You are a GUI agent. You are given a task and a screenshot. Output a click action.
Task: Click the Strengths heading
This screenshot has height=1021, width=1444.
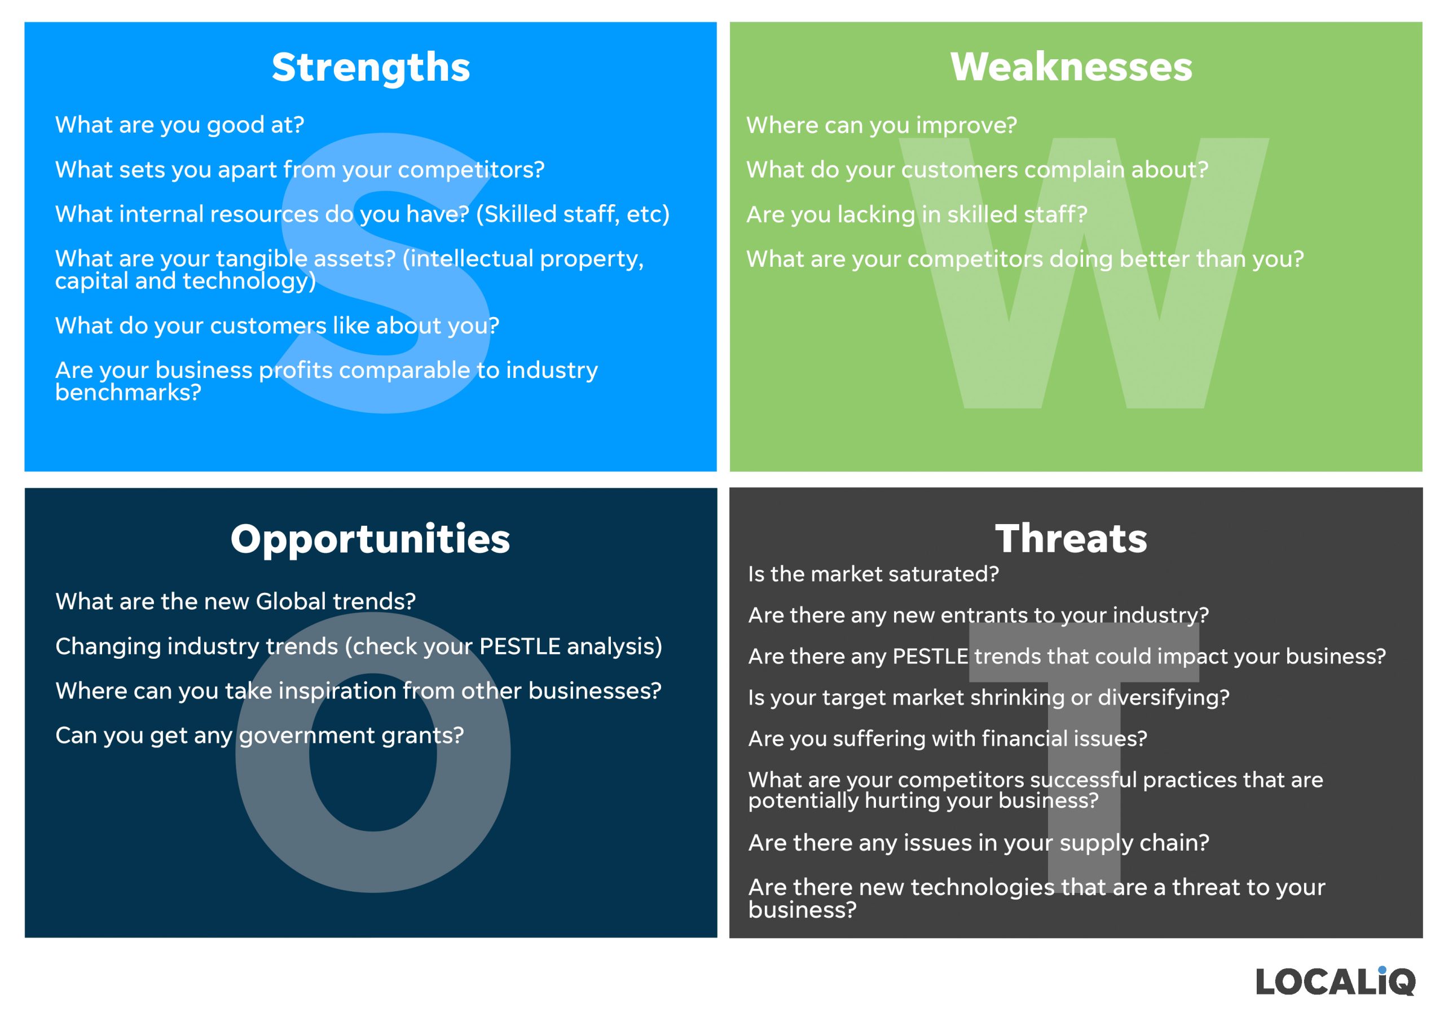tap(371, 67)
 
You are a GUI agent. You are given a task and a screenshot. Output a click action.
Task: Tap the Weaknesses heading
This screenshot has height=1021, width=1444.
tap(1071, 67)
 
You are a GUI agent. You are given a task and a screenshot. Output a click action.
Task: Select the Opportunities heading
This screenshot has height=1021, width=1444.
tap(371, 539)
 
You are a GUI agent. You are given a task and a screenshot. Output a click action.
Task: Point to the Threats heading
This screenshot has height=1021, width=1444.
tap(1071, 539)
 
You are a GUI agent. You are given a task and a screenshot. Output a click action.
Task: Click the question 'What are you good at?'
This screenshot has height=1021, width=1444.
tap(180, 125)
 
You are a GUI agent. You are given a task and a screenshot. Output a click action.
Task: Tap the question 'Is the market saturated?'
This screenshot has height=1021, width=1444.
tap(874, 574)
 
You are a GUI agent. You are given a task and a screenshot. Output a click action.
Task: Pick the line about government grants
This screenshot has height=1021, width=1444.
tap(259, 736)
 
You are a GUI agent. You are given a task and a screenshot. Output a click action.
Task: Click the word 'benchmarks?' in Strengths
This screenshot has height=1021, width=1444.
tap(128, 392)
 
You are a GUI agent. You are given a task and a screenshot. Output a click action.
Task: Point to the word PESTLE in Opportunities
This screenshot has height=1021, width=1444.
tap(520, 646)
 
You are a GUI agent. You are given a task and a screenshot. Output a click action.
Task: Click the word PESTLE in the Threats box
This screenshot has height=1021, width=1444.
tap(930, 656)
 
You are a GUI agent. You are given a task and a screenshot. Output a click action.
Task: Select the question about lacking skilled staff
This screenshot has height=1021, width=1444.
tap(917, 214)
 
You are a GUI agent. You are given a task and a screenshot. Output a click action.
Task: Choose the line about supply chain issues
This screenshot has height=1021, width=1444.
tap(979, 843)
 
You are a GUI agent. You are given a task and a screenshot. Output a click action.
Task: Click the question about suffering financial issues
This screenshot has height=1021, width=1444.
tap(948, 738)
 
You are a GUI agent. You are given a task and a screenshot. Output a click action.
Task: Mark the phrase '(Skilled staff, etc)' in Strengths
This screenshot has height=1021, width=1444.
tap(573, 214)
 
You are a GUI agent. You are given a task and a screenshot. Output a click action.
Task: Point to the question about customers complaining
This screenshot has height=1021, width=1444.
tap(978, 170)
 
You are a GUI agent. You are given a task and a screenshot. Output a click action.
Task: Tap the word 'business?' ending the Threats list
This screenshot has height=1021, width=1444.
tap(803, 910)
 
